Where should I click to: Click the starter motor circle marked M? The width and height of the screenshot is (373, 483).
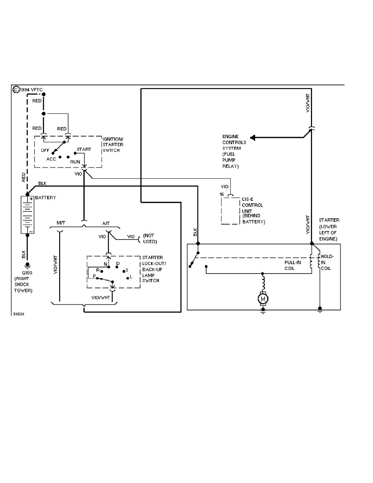(x=263, y=299)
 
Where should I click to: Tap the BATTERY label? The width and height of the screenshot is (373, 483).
(x=46, y=198)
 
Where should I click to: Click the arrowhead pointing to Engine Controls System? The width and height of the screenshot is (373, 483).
(x=253, y=137)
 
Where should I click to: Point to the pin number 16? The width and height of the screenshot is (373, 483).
(x=221, y=194)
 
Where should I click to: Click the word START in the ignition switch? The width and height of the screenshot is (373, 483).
(x=84, y=149)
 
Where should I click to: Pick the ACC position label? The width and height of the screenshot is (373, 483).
(x=51, y=159)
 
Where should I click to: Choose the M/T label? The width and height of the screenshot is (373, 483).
(x=61, y=223)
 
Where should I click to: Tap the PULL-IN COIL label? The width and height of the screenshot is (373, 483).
(x=292, y=265)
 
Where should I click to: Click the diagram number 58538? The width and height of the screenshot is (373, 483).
(x=18, y=314)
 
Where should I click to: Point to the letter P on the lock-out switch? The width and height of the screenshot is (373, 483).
(x=94, y=276)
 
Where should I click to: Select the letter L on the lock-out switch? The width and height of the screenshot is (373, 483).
(x=130, y=277)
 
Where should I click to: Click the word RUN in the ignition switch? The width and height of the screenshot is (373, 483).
(x=75, y=161)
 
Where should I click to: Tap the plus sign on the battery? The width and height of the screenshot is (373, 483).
(x=31, y=199)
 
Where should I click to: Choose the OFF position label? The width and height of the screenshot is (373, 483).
(x=45, y=150)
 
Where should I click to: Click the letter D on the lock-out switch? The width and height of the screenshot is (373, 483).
(x=118, y=263)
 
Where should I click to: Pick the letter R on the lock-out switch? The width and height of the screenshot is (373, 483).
(x=97, y=270)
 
